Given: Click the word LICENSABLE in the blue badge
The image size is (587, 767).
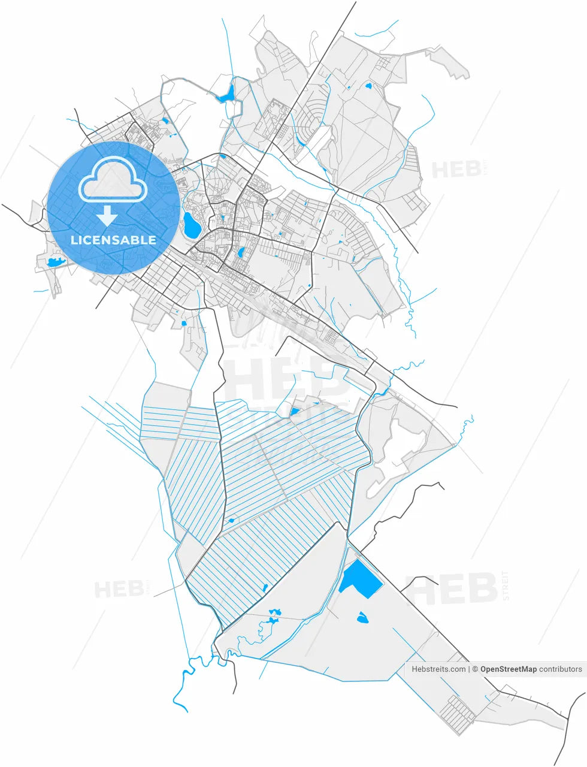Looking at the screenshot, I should (113, 240).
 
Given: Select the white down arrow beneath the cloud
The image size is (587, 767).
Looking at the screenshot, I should (107, 215).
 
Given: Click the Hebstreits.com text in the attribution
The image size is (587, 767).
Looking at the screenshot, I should (438, 669).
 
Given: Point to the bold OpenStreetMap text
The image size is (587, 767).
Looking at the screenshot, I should (508, 669).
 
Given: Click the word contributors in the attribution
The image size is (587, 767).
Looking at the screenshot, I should (560, 669).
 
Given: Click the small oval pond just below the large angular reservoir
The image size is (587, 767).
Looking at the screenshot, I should (362, 617).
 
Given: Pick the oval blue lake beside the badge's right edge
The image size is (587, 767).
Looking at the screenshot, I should (192, 224).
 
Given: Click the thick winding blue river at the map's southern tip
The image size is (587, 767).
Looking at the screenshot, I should (180, 683).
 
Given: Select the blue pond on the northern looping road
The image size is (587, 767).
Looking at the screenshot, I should (227, 93).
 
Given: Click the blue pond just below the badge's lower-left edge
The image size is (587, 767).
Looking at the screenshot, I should (55, 262).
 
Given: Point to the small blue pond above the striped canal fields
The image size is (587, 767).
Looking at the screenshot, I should (295, 411).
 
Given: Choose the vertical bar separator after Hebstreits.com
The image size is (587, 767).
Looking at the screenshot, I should (468, 669).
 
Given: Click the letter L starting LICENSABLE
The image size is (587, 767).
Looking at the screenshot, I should (74, 240).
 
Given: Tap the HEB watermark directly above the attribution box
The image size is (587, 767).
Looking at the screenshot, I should (452, 588).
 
